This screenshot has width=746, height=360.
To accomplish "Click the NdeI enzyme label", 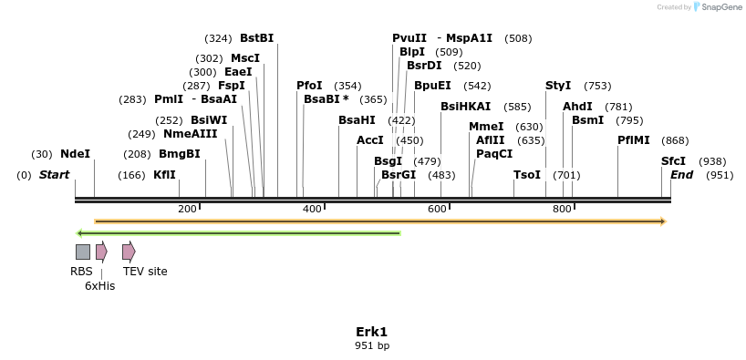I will [75, 154].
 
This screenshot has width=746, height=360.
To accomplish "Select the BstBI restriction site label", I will [256, 38].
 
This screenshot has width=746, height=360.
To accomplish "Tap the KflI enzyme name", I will [164, 175].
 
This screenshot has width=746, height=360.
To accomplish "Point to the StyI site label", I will [558, 86].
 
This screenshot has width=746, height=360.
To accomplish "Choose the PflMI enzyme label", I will [634, 140].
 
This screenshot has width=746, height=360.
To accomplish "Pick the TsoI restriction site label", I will [527, 175].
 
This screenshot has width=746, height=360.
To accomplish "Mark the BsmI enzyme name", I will [587, 120].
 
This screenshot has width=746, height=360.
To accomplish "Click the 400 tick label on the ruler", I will [312, 210].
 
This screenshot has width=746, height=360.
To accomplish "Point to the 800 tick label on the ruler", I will [562, 210].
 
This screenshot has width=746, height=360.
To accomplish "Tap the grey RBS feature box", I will [82, 252].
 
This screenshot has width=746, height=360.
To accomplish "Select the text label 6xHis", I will [99, 286].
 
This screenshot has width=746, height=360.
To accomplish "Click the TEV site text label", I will [145, 271].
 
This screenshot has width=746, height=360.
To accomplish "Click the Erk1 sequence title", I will [372, 332].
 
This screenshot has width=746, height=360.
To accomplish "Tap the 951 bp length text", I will [372, 345].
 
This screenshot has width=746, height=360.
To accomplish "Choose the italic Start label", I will [54, 175].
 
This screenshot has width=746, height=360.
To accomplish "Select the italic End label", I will [682, 175].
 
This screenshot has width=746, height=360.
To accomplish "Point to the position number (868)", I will [675, 140].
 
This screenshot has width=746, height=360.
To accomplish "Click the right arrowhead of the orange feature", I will [663, 221].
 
